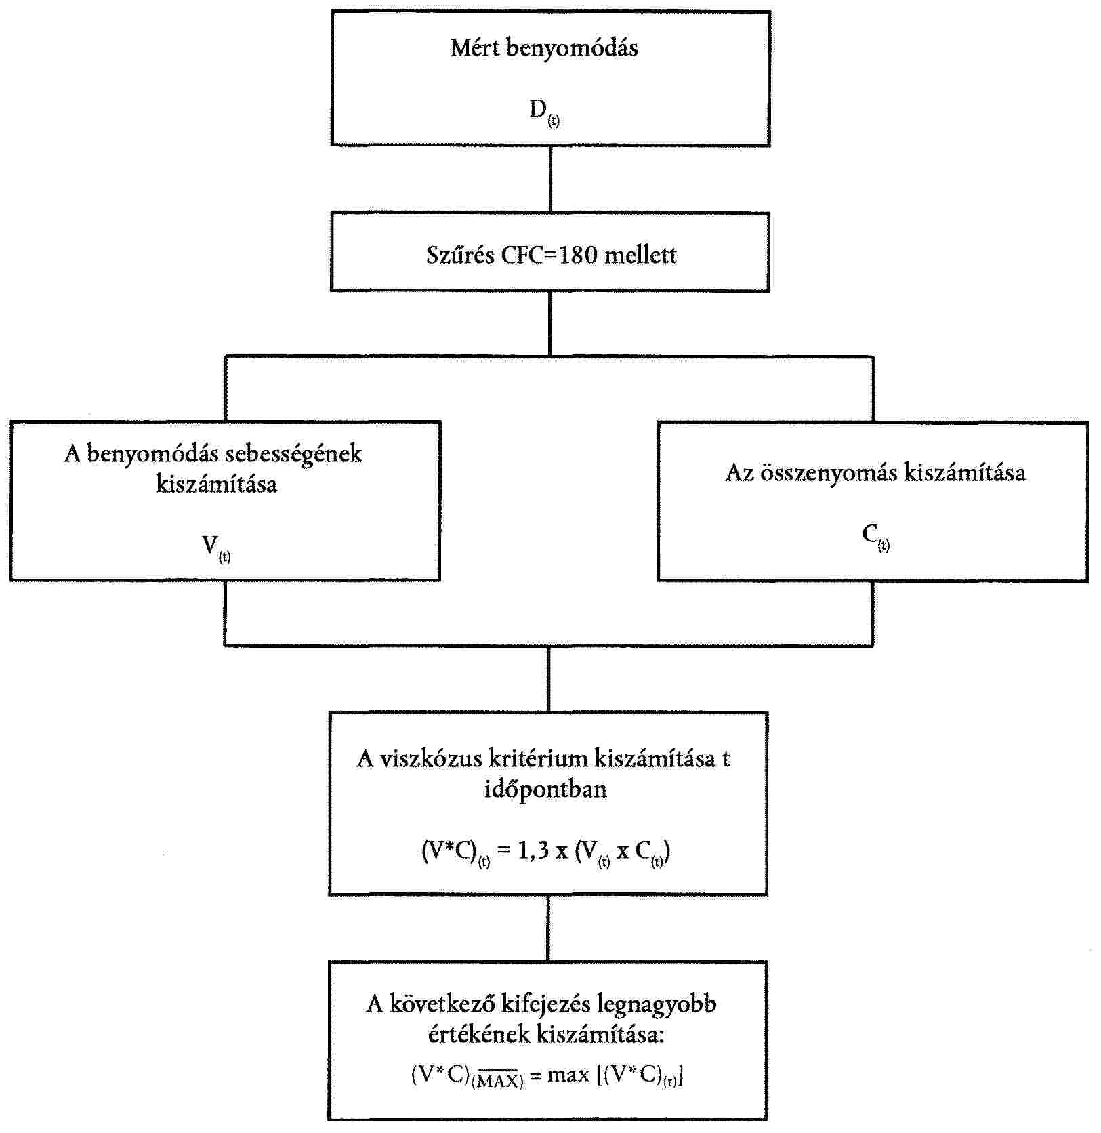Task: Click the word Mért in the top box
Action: pos(475,48)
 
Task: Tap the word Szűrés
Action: pos(460,255)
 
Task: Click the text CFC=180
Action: pos(551,255)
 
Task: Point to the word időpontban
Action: pos(545,789)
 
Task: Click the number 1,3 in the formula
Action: pos(533,851)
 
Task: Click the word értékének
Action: pos(479,1035)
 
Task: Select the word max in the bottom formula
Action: pos(568,1075)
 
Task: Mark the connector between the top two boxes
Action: pos(549,179)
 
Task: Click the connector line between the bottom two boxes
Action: pos(548,928)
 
